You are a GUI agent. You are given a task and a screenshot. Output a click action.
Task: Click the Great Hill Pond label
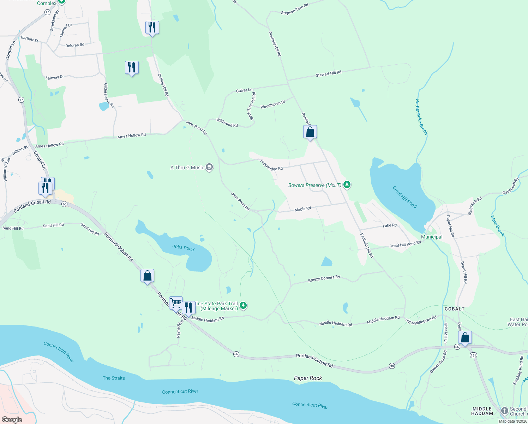click(x=404, y=197)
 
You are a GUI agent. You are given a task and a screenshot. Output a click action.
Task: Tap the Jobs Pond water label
click(x=183, y=247)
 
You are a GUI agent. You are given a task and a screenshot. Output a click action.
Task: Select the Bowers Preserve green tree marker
click(x=347, y=185)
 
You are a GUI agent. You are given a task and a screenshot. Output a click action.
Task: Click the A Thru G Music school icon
click(x=209, y=167)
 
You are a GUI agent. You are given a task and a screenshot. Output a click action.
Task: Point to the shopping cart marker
click(x=176, y=303)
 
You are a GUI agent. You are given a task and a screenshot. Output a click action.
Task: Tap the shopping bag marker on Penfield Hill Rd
click(x=310, y=132)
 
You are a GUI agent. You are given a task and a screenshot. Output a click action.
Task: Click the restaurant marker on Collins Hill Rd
click(x=152, y=28)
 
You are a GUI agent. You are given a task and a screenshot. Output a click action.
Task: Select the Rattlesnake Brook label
click(x=421, y=117)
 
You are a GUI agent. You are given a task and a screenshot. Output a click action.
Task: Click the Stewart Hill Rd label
click(x=328, y=73)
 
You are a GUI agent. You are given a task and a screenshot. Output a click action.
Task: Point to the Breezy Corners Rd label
click(x=324, y=279)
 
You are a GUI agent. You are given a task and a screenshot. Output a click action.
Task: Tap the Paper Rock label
click(x=308, y=378)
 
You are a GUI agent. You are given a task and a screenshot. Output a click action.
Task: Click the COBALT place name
click(x=455, y=309)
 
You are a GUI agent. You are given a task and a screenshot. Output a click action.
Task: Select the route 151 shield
click(x=473, y=355)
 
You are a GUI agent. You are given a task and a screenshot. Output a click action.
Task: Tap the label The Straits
click(x=114, y=378)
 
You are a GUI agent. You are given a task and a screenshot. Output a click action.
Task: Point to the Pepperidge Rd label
click(x=271, y=165)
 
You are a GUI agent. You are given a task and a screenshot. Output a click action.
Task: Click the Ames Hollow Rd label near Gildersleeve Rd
click(x=131, y=136)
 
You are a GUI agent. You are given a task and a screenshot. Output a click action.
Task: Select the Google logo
click(x=12, y=420)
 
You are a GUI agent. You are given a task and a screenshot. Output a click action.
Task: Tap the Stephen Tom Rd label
click(x=294, y=9)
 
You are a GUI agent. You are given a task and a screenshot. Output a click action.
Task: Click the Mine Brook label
click(x=497, y=226)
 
